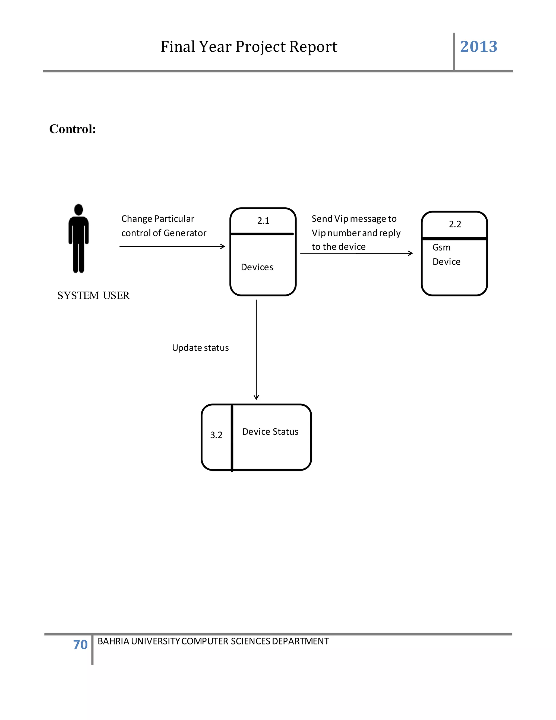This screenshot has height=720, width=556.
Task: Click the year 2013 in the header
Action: coord(478,46)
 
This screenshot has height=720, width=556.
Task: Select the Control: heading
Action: coord(72,129)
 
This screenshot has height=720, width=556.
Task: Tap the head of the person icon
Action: coord(78,210)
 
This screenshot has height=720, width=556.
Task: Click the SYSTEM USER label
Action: coord(94,295)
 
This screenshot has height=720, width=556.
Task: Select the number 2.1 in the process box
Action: coord(263,221)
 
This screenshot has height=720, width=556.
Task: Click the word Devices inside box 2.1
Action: coord(257,267)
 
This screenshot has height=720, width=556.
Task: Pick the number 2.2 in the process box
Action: coord(455,224)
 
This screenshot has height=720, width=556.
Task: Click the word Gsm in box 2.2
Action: coord(441,248)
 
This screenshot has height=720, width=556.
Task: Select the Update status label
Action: coord(200,348)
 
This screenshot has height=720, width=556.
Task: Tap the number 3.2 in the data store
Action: coord(216,435)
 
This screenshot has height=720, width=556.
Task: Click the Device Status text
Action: coord(270,432)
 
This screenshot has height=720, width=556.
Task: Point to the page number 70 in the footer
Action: coord(80,645)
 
